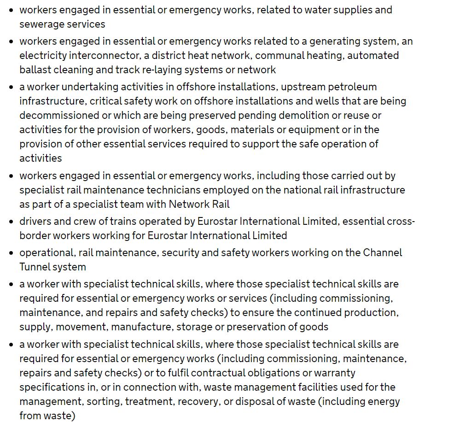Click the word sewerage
[40, 24]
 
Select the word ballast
[35, 70]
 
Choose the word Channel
[382, 252]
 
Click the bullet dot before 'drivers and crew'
[12, 222]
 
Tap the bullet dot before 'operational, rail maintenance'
[12, 253]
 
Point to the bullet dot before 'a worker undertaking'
[12, 87]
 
